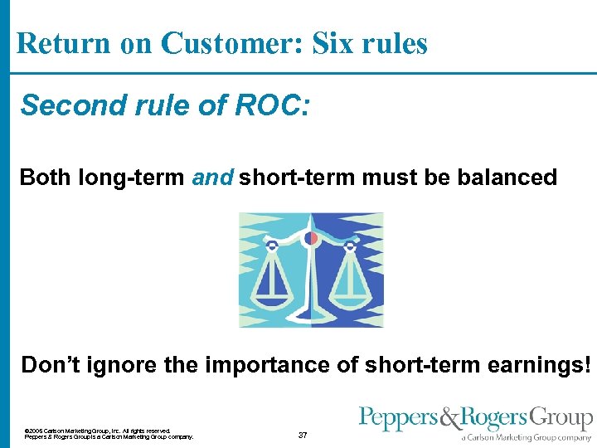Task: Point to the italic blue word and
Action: pyautogui.click(x=213, y=177)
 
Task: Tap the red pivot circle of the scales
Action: pyautogui.click(x=312, y=239)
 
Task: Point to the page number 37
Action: pyautogui.click(x=303, y=435)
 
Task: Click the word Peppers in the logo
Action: pyautogui.click(x=392, y=418)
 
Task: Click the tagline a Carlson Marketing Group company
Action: pyautogui.click(x=527, y=437)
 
